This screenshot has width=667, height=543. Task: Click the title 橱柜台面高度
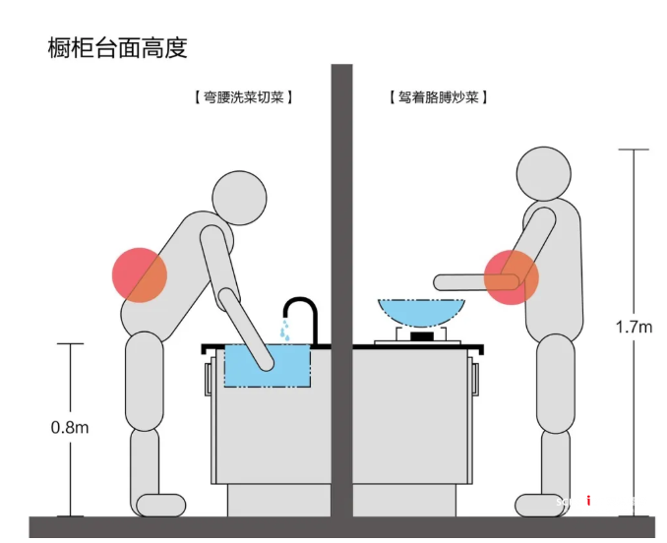tap(117, 46)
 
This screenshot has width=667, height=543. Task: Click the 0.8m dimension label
tap(70, 427)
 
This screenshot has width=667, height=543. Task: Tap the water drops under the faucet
tap(285, 332)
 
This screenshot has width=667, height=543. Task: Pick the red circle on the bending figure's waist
tap(139, 273)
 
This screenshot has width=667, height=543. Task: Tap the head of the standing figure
tap(543, 174)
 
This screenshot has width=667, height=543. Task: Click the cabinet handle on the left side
tap(209, 379)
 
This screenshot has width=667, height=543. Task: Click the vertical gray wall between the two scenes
tap(341, 295)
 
